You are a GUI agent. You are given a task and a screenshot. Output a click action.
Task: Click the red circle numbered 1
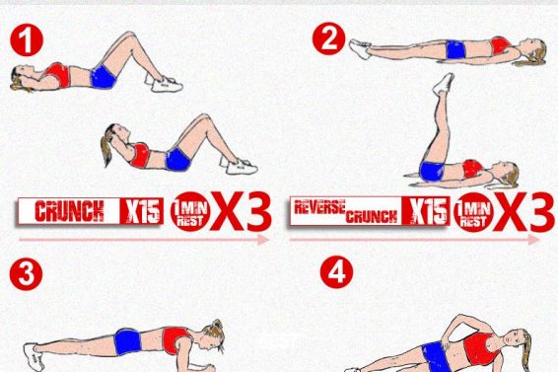(27, 39)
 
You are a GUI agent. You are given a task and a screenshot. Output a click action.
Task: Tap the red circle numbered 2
(329, 38)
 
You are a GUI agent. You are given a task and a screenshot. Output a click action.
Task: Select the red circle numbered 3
(26, 274)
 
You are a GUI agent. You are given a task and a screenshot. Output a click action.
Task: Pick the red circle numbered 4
(336, 272)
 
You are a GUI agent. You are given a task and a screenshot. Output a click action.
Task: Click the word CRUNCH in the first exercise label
(69, 211)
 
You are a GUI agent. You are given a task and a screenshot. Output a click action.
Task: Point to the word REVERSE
(319, 206)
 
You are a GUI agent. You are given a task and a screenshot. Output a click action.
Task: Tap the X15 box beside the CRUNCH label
(142, 211)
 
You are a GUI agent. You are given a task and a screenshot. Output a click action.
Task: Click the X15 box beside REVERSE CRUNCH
(426, 211)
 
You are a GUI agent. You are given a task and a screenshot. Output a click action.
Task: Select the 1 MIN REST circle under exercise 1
(190, 211)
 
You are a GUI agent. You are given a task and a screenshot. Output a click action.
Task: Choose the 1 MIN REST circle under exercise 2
(473, 212)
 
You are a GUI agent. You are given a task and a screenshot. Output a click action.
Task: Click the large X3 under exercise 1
(242, 211)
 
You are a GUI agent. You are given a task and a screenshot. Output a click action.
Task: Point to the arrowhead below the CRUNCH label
(263, 240)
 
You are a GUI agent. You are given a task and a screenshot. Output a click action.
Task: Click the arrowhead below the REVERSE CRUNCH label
(534, 240)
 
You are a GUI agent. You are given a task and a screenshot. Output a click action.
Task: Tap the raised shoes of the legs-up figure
(444, 83)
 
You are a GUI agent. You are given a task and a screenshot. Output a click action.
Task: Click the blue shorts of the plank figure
(128, 341)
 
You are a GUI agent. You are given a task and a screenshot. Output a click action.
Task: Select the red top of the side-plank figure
(481, 348)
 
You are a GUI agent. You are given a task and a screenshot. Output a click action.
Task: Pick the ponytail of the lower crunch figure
(106, 146)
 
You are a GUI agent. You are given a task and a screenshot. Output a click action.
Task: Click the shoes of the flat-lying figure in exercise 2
(360, 48)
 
